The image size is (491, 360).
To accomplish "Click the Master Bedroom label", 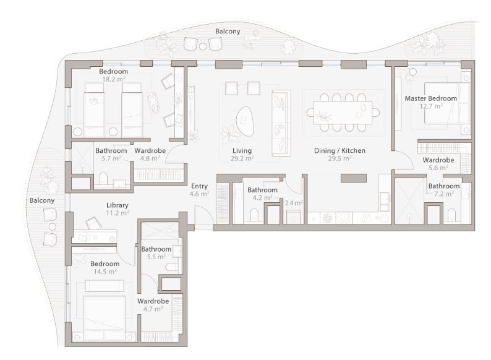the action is (x=430, y=98).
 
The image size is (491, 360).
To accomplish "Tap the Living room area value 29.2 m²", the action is (x=242, y=158).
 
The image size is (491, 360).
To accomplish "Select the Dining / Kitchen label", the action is (x=339, y=151).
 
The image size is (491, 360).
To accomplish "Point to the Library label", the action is (x=117, y=205).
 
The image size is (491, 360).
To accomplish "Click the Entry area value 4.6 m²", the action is (x=199, y=194).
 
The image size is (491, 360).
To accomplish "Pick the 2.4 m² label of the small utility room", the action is (x=293, y=203).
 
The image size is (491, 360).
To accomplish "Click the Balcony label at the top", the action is (x=228, y=32).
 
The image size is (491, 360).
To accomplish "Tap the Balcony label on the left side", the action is (x=42, y=200).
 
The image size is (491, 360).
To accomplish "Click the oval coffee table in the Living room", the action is (x=245, y=121).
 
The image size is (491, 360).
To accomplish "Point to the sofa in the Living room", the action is (x=281, y=123).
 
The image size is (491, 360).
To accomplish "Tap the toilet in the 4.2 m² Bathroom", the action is (x=254, y=215).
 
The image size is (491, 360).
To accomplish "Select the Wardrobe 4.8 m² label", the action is (x=150, y=155).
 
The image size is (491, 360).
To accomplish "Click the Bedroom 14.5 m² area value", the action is (x=105, y=272).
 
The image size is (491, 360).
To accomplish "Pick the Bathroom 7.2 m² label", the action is (x=444, y=190).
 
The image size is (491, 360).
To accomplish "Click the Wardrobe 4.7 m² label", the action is (x=153, y=305).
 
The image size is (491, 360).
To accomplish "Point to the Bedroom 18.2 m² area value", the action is (x=114, y=79).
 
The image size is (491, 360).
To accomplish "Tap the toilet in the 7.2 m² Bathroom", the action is (x=451, y=215).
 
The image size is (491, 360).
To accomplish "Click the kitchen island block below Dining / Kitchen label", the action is (x=354, y=178).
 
